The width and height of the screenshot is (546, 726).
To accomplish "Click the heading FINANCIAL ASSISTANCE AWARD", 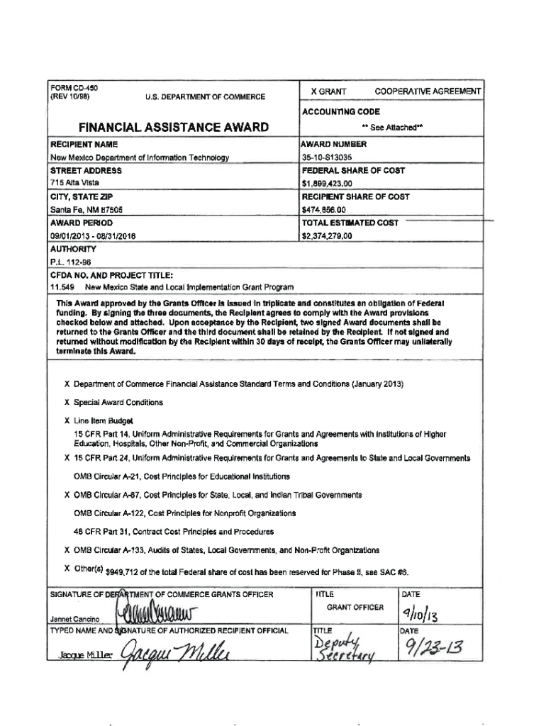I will coord(173,128).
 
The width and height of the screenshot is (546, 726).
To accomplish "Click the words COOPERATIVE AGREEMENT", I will coord(428,92).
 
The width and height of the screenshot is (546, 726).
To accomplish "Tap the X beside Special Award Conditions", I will coord(67,403).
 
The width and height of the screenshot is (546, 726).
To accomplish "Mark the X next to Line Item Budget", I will coord(67,420).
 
